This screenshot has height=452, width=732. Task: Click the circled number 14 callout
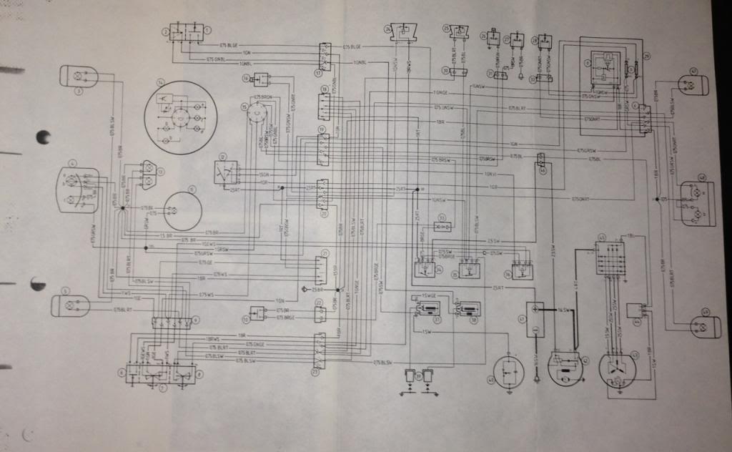162,83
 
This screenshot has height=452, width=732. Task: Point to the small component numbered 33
444,227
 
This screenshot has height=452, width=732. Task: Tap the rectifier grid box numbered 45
610,257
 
